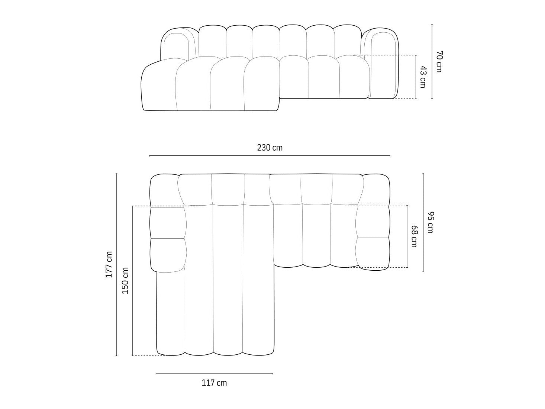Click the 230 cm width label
270,148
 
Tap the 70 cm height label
439,62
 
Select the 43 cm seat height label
422,77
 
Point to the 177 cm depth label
109,264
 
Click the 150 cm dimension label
125,281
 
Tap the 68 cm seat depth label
414,236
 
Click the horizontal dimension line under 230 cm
270,156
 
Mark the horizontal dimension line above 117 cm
215,373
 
